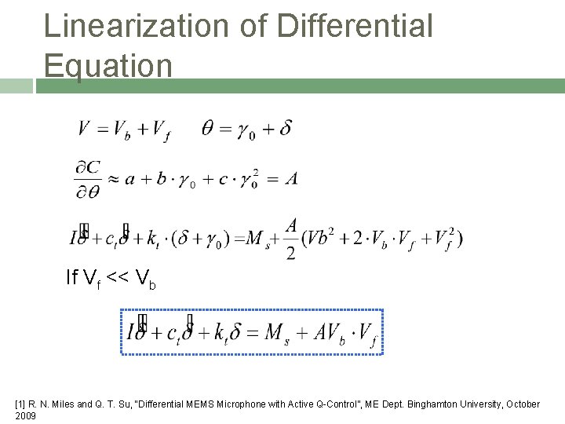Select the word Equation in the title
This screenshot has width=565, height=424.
click(108, 64)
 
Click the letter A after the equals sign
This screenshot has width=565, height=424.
click(291, 179)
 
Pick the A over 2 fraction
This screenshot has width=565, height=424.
click(291, 239)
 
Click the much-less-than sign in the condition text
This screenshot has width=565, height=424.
click(115, 277)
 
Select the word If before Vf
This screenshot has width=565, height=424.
click(72, 277)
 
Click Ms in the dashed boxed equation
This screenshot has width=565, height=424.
click(275, 333)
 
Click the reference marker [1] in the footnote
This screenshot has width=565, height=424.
click(20, 404)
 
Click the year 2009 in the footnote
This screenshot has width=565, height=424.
click(25, 415)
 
